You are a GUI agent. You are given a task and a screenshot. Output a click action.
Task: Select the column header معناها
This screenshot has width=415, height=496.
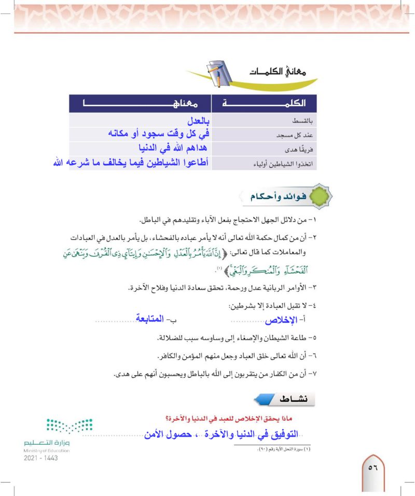[x=140, y=104]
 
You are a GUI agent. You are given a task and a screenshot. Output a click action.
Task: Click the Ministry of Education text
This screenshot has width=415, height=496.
[x=47, y=451]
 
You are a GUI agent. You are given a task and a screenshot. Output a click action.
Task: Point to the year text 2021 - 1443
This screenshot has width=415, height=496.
[x=40, y=459]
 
